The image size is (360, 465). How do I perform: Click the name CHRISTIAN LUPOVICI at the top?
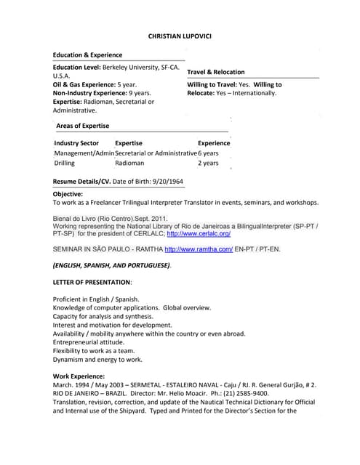coord(180,35)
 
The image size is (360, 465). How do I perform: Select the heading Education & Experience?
coord(87,55)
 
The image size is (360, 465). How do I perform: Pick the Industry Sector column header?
coord(76,143)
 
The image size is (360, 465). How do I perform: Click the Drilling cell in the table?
coord(65,163)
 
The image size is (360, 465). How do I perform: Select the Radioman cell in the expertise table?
coord(129,163)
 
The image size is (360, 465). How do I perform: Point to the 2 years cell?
coord(208,163)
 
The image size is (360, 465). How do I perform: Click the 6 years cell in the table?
coord(208,153)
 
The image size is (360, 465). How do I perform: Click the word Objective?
coord(68,194)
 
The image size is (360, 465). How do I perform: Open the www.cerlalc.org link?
coord(199,234)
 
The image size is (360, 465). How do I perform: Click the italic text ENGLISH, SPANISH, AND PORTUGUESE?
coord(112,265)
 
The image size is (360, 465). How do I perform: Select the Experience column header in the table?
coord(214,143)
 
